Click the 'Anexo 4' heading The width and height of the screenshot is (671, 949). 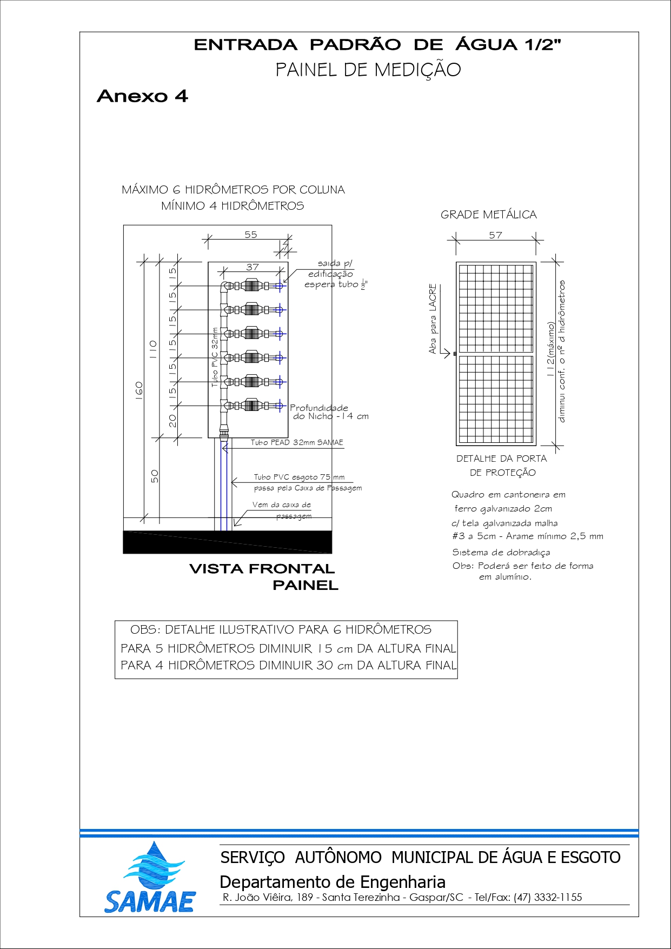point(142,96)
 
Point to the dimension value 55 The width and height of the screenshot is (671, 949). point(251,235)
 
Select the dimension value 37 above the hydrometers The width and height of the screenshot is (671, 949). point(253,267)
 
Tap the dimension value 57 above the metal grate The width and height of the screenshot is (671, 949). point(495,235)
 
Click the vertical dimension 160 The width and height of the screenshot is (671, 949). point(139,390)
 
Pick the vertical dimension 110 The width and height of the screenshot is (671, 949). point(153,349)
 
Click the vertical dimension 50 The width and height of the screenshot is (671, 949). point(155,476)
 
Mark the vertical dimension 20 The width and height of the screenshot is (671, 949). point(172,420)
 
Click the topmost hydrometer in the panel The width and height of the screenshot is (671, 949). point(251,286)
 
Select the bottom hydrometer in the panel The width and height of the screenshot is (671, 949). point(251,406)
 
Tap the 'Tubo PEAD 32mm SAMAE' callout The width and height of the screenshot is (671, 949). point(296,442)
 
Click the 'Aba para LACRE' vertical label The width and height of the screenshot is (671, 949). point(433,319)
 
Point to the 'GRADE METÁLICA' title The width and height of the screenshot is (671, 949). point(488,215)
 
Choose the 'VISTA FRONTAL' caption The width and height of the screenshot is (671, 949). point(262,569)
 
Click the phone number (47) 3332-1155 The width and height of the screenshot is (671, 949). point(548,897)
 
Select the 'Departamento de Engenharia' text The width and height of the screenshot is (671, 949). point(333,882)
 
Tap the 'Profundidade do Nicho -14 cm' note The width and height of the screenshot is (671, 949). point(329,412)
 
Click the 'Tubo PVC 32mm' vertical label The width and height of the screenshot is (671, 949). point(215,357)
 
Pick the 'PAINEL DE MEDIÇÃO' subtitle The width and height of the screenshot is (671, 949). point(368,70)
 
